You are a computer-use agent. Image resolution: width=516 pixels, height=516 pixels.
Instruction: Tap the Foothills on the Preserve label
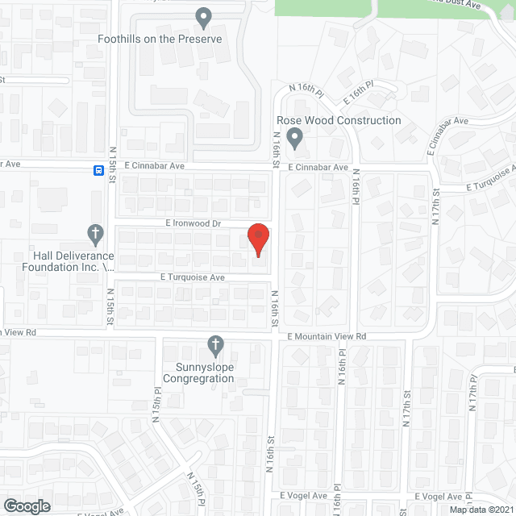tap(159, 39)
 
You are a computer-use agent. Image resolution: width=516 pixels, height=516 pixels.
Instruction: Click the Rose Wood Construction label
tap(333, 120)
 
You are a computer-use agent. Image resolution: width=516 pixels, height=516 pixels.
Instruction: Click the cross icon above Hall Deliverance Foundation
tap(94, 234)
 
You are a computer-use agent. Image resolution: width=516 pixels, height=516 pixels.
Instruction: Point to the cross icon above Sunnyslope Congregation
tap(214, 345)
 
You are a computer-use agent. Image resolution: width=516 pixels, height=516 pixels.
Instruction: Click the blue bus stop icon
tap(98, 170)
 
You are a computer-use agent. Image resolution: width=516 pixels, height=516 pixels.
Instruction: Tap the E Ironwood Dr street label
tap(193, 222)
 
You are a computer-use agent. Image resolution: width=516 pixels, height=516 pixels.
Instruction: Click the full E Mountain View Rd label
tap(327, 336)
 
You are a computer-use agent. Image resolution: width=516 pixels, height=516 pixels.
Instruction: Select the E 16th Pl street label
tap(359, 90)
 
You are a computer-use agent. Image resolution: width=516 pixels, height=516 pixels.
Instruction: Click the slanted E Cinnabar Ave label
tap(449, 131)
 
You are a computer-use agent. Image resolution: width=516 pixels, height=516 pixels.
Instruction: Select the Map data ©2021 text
tap(481, 510)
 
